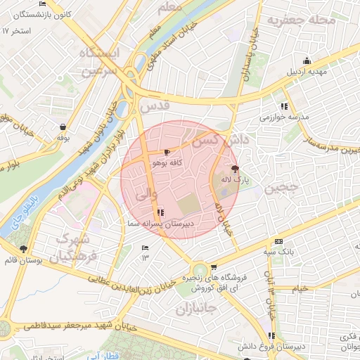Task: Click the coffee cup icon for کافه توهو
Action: tap(167, 151)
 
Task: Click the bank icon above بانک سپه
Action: tap(278, 240)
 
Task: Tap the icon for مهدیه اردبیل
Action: tap(307, 61)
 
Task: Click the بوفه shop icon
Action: tap(63, 127)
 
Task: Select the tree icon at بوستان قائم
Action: tap(24, 249)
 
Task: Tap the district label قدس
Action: tap(155, 107)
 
